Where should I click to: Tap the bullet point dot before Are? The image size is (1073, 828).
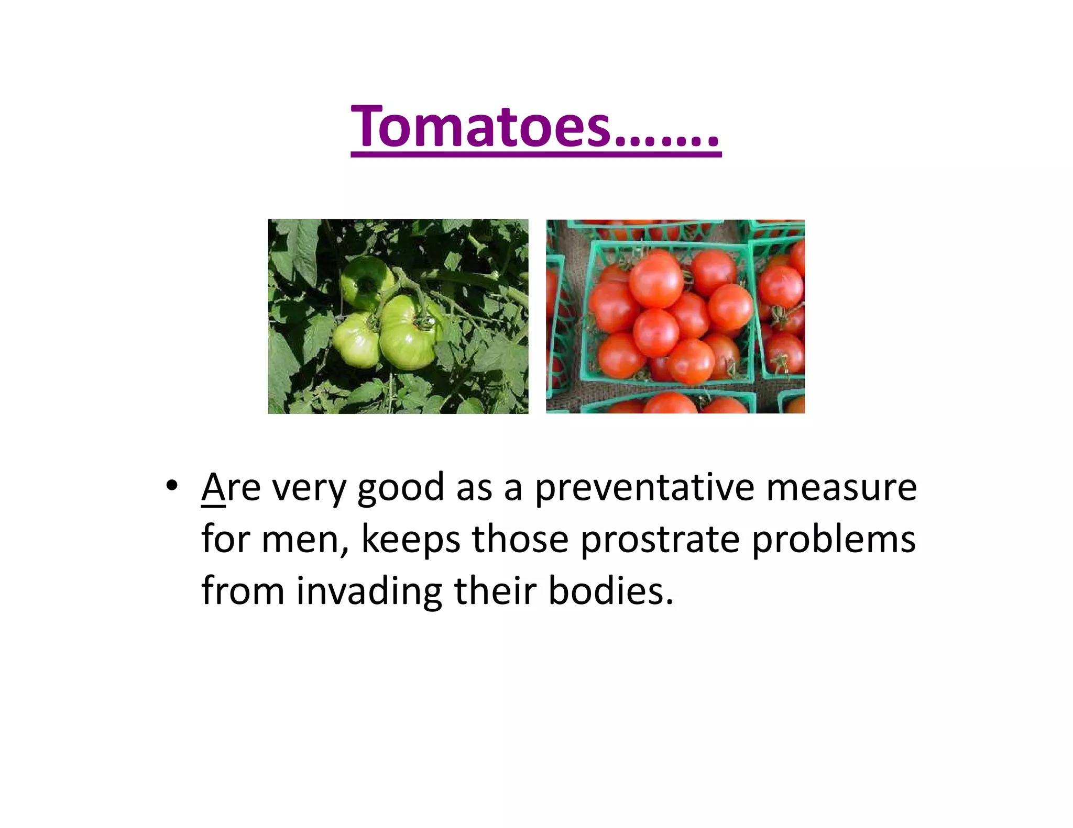click(x=171, y=486)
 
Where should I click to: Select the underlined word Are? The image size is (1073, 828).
click(x=231, y=487)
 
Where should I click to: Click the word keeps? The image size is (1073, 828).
click(x=411, y=540)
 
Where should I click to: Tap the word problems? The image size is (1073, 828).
click(x=834, y=539)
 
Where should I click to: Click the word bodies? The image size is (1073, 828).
click(x=610, y=591)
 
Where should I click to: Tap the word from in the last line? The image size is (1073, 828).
click(x=243, y=591)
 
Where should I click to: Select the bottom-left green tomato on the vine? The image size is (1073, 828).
click(x=357, y=339)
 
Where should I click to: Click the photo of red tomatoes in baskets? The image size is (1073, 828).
click(x=675, y=317)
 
